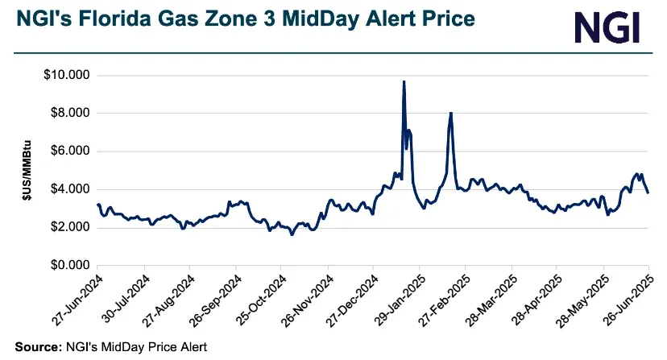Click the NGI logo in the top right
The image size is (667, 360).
point(607,27)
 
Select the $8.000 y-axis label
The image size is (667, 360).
point(69,114)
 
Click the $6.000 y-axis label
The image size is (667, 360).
point(69,151)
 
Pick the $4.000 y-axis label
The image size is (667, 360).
point(69,189)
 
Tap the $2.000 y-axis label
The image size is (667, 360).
point(69,227)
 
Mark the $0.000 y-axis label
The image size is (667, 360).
point(69,265)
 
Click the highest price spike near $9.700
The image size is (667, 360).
point(404,82)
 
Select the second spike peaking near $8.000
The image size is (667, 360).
point(451,114)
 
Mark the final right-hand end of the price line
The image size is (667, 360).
point(648,192)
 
